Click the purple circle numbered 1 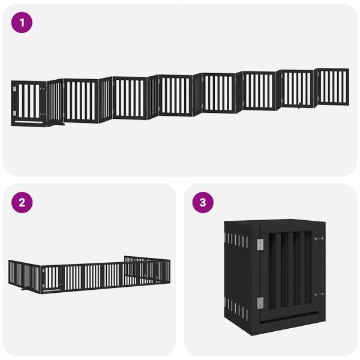[22, 23]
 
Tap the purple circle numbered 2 [22, 203]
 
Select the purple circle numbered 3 [203, 203]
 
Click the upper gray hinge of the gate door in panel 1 [14, 89]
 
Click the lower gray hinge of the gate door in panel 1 [14, 113]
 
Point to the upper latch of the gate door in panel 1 [43, 89]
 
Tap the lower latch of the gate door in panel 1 [43, 114]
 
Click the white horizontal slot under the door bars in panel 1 [29, 122]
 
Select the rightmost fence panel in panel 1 [333, 87]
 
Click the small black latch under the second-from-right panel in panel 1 [299, 107]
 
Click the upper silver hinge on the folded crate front [260, 245]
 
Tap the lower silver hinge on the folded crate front [260, 303]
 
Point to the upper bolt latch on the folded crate [319, 239]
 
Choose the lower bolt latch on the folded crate [319, 295]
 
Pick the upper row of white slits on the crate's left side [236, 240]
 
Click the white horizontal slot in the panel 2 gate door [52, 290]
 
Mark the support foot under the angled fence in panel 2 [25, 289]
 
